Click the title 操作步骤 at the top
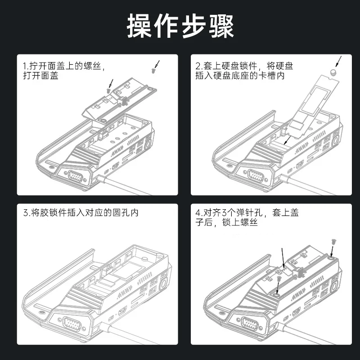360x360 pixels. coord(180,26)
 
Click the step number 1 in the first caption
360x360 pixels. coord(24,66)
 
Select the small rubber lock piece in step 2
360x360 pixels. coord(333,72)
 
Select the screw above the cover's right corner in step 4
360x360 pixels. coord(333,242)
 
